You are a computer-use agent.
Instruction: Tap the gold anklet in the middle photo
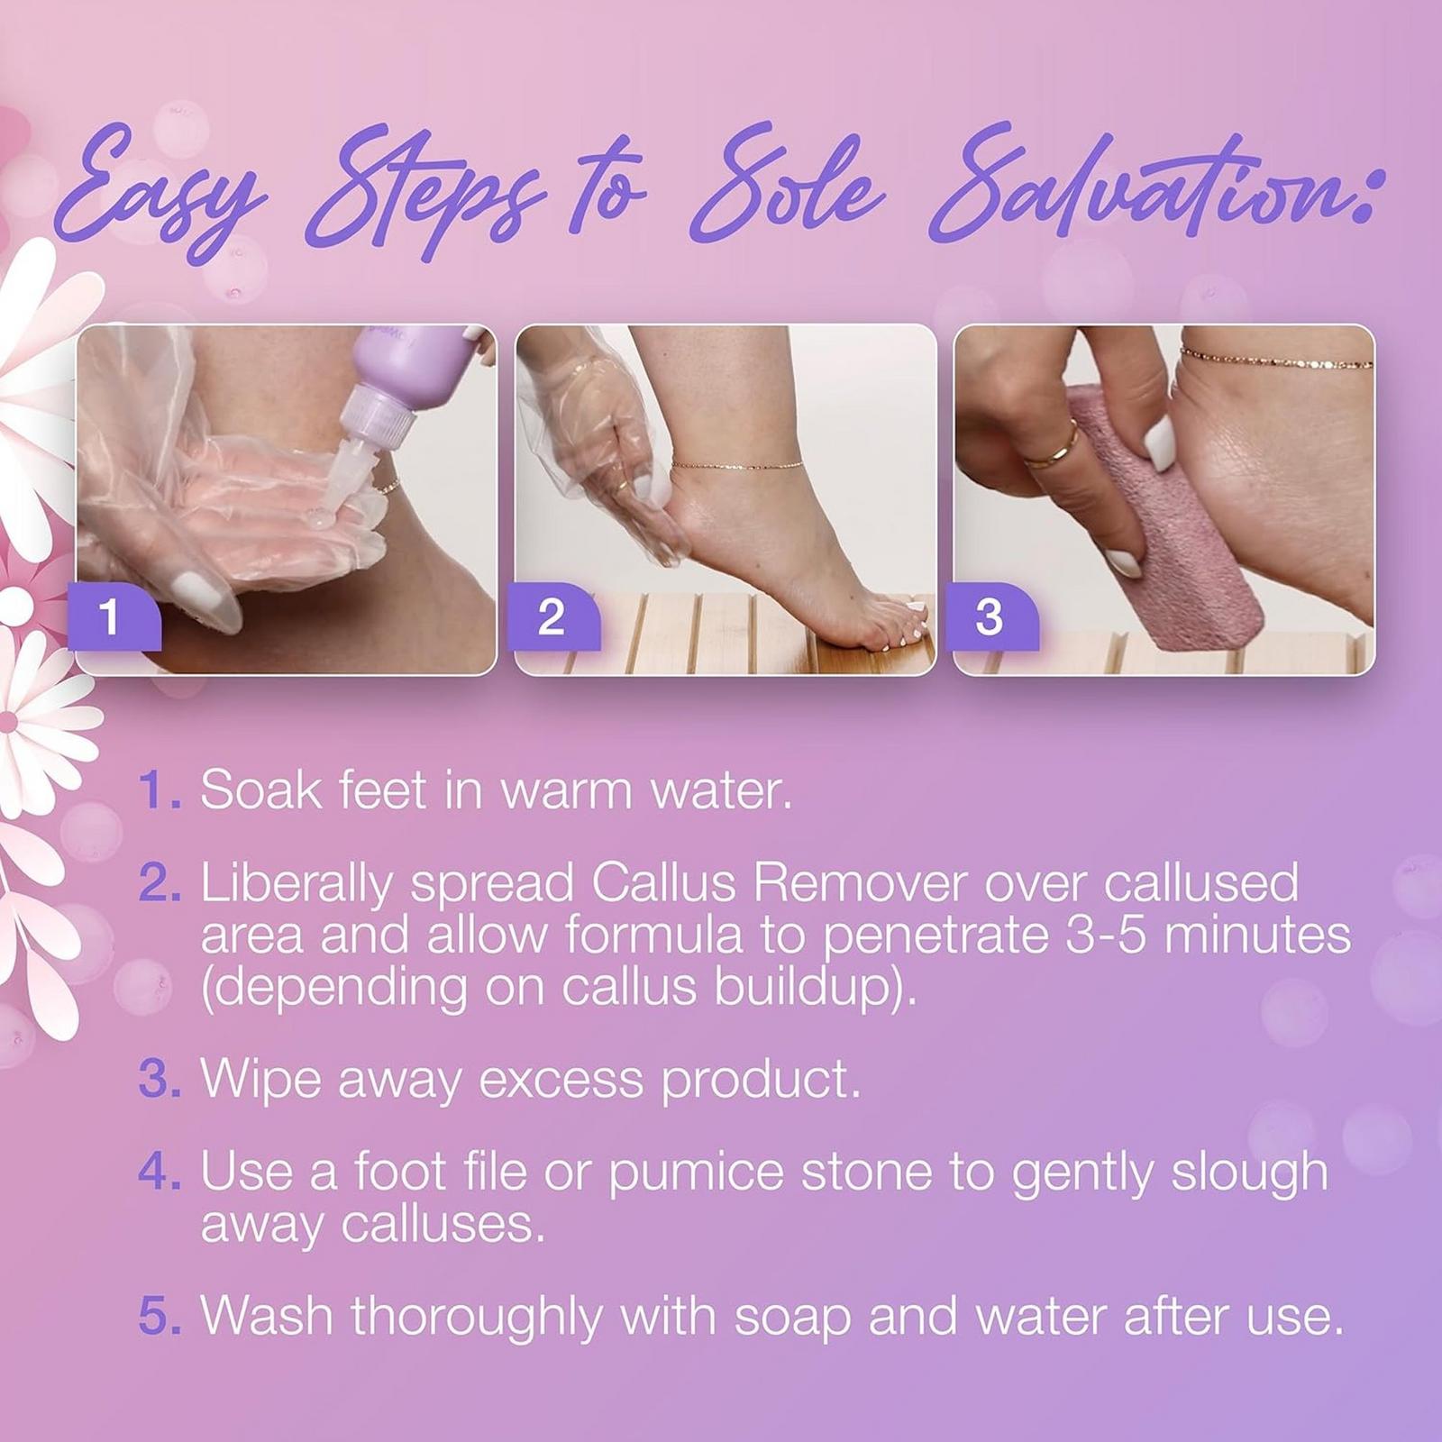tap(735, 466)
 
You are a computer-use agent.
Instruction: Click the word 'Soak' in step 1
tap(260, 790)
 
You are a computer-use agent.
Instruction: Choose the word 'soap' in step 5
tap(792, 1316)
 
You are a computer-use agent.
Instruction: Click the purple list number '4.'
tap(160, 1173)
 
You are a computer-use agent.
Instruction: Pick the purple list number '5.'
tap(160, 1316)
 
